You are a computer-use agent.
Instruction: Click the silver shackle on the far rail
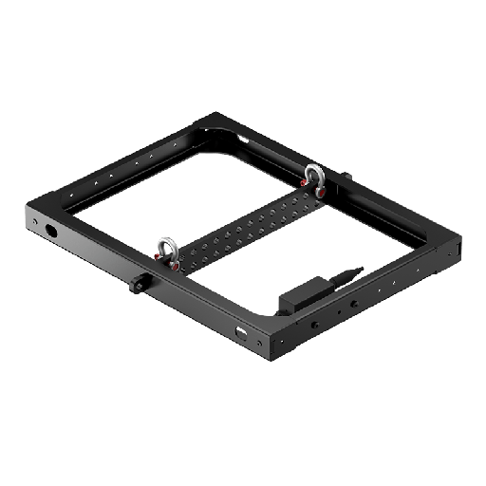[312, 174]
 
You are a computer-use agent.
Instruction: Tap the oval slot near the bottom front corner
[238, 334]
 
